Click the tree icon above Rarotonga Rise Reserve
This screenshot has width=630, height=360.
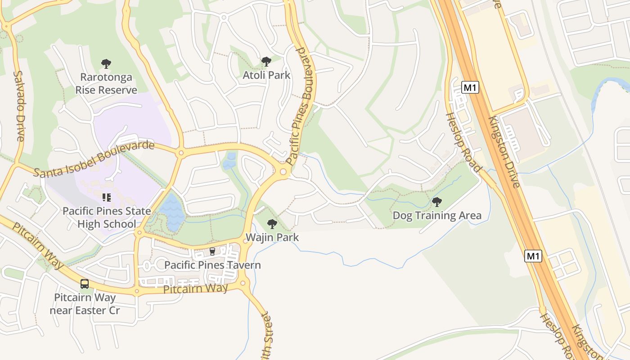pos(106,64)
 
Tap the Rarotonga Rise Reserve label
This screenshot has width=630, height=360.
pos(106,84)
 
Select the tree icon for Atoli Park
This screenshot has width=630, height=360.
pos(266,62)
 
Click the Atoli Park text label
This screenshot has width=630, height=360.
pos(266,75)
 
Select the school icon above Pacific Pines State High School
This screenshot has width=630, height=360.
pos(107,197)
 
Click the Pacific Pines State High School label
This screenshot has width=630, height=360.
pos(107,217)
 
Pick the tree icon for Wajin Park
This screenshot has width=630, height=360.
pos(272,224)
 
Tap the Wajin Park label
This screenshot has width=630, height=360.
pos(272,237)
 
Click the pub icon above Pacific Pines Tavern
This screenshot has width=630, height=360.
pos(212,251)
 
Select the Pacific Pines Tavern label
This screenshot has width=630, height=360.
pos(212,265)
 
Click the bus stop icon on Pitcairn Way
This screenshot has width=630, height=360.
pos(85,284)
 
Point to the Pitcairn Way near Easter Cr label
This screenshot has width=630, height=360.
pos(85,304)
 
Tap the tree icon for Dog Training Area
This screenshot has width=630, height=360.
pos(436,202)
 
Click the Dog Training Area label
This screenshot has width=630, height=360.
pos(437,216)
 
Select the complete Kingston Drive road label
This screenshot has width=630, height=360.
pos(504,152)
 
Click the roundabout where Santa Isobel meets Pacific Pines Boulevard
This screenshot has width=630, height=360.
pos(283,171)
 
